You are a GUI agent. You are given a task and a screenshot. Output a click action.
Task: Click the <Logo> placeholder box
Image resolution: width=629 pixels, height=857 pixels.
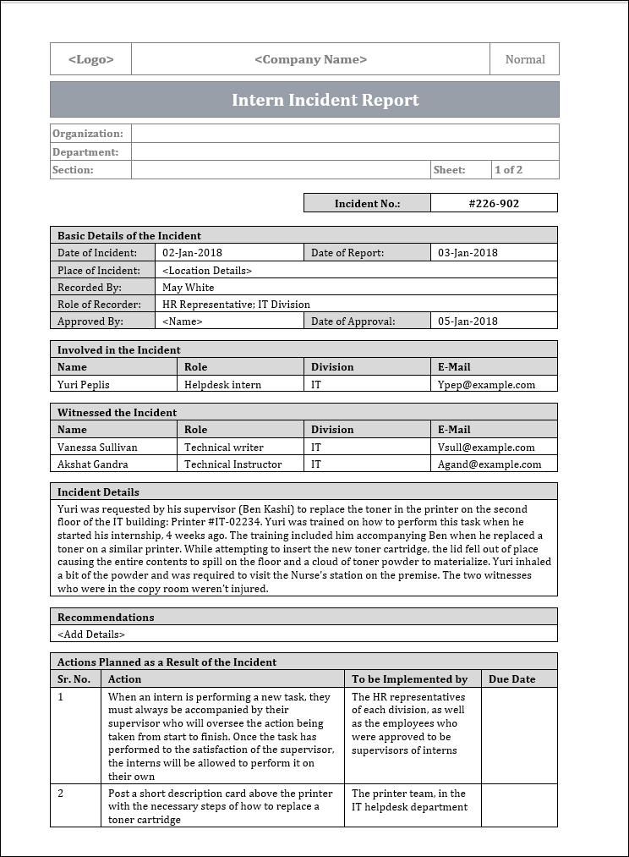click(90, 59)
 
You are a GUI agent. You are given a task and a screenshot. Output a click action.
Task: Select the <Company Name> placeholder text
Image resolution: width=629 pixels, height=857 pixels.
click(310, 59)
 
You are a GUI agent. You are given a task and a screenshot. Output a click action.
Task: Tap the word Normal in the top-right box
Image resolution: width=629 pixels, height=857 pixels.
click(525, 59)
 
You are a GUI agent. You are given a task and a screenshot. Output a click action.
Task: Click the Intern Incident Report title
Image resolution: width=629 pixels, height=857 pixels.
click(325, 100)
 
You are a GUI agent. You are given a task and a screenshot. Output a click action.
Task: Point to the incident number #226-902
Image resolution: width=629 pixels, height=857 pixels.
click(494, 203)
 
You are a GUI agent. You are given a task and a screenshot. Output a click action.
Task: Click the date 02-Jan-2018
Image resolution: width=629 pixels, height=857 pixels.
click(193, 252)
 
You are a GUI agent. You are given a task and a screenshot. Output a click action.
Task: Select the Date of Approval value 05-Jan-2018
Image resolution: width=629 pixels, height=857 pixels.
click(468, 321)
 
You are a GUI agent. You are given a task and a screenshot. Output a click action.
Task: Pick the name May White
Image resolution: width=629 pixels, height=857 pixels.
click(189, 287)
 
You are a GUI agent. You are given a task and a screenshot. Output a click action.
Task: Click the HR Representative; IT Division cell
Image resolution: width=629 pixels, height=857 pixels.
click(236, 304)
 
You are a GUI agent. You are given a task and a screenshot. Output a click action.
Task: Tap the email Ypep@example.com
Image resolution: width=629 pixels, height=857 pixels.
click(486, 384)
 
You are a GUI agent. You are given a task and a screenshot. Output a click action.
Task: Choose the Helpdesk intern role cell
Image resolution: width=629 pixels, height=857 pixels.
click(223, 384)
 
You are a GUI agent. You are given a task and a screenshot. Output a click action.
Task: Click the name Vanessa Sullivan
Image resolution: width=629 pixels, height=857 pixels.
click(97, 447)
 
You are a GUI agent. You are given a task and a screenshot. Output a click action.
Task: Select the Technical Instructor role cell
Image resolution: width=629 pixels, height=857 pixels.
click(233, 464)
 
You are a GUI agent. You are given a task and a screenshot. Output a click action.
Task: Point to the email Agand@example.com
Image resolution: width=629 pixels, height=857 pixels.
click(490, 464)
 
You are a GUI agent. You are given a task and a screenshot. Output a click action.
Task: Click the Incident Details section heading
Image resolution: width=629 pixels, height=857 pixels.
click(98, 492)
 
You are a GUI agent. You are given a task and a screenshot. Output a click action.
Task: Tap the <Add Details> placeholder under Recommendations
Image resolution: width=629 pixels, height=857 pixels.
click(91, 634)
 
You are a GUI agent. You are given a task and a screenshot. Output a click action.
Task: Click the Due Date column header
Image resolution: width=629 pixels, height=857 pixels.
click(512, 678)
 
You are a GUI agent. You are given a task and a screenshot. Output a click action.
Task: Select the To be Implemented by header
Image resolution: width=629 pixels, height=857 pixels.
click(410, 678)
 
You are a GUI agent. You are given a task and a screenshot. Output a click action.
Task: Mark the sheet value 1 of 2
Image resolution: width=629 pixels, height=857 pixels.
click(509, 169)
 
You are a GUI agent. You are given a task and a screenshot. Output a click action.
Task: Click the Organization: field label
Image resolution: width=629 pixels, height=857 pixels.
click(88, 133)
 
